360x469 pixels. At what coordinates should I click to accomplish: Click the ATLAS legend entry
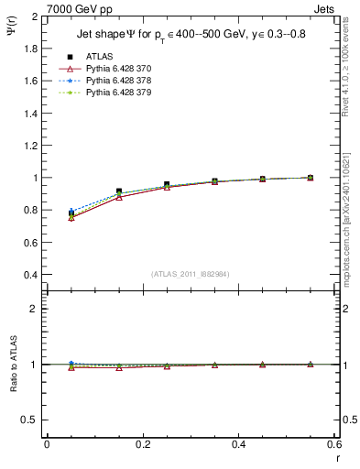[98, 57]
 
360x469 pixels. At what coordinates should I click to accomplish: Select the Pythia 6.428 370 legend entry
[114, 69]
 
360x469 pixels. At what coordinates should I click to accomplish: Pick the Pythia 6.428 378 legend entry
[114, 81]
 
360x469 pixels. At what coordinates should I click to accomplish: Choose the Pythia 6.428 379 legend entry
[114, 93]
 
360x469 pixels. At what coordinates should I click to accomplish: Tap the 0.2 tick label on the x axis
[142, 444]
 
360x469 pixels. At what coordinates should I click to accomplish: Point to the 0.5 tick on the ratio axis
[31, 420]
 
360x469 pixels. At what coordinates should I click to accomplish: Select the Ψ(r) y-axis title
[10, 28]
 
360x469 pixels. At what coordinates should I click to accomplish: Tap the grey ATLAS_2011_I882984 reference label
[190, 274]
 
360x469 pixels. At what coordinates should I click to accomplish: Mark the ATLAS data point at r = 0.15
[119, 191]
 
